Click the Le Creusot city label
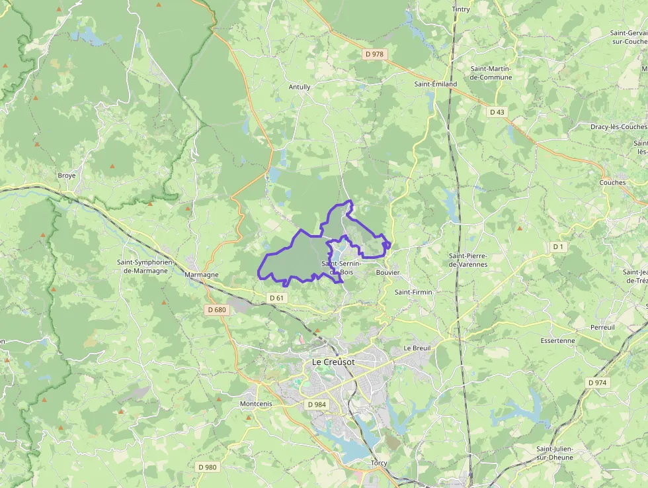(333, 362)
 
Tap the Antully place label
(299, 87)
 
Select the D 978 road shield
(375, 54)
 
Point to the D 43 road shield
(497, 112)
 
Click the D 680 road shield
(216, 309)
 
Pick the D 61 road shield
(277, 298)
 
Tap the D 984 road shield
(317, 404)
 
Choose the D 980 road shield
(207, 467)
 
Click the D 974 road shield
(597, 383)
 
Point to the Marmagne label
(202, 274)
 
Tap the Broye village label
(67, 175)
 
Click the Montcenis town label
(256, 403)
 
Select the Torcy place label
(379, 463)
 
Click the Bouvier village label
(387, 272)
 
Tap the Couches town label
(612, 182)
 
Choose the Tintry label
(461, 9)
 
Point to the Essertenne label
(557, 341)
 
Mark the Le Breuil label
(417, 348)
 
